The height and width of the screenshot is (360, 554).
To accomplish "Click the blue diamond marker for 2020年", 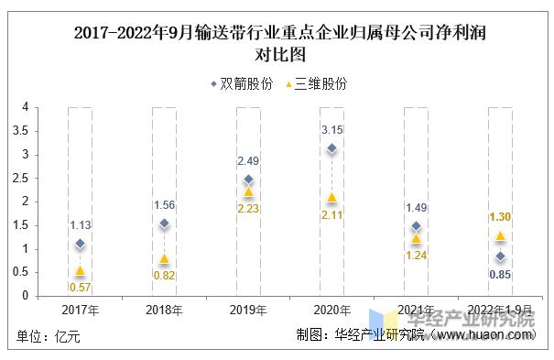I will coord(331,148).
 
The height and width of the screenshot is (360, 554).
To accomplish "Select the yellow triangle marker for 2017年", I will coord(80,270).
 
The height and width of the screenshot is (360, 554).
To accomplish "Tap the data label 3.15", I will coord(331,129).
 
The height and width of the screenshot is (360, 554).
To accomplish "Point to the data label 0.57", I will coord(80,288).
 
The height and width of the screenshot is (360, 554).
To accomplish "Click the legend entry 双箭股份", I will coord(241,83).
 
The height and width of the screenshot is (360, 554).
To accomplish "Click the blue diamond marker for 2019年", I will coord(248,180).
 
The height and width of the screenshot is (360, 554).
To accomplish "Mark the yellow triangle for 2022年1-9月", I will coord(499,235).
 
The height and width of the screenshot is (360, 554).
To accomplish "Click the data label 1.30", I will coord(499,217).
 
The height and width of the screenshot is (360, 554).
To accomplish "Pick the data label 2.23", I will coord(248,209).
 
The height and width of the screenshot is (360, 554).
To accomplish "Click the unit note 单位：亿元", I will coord(49,337).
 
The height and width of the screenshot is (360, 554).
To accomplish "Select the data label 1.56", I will coord(164,204).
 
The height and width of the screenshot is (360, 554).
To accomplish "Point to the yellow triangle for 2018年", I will coord(164,259).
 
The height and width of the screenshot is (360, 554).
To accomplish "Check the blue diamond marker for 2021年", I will coord(416,226).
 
